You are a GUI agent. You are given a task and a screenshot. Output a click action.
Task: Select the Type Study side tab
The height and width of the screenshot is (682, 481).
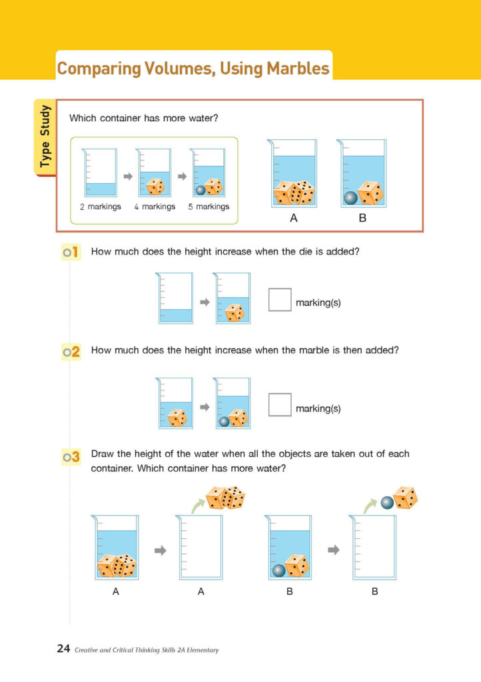(x=45, y=137)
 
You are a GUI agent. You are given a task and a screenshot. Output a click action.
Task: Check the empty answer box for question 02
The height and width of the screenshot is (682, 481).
(x=280, y=404)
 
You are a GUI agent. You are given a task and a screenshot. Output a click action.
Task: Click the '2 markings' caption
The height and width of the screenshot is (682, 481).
(x=101, y=206)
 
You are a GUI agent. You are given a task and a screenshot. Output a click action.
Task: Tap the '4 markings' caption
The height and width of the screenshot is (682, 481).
(x=154, y=206)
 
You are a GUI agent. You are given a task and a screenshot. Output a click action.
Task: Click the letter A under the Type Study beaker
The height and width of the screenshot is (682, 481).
(x=293, y=217)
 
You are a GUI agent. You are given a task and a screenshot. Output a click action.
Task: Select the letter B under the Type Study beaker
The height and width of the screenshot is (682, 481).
(x=362, y=217)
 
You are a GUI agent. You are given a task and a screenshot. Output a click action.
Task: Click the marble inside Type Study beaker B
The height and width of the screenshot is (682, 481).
(x=350, y=198)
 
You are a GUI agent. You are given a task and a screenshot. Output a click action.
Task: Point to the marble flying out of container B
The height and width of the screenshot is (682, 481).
(x=388, y=503)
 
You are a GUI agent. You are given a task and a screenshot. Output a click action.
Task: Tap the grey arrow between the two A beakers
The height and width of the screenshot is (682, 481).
(x=161, y=550)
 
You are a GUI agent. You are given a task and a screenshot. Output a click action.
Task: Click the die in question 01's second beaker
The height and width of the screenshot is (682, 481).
(x=234, y=313)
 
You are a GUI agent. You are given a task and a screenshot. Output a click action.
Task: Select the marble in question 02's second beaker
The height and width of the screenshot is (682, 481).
(x=224, y=421)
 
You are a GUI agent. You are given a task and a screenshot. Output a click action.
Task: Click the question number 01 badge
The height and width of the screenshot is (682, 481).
(x=71, y=252)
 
